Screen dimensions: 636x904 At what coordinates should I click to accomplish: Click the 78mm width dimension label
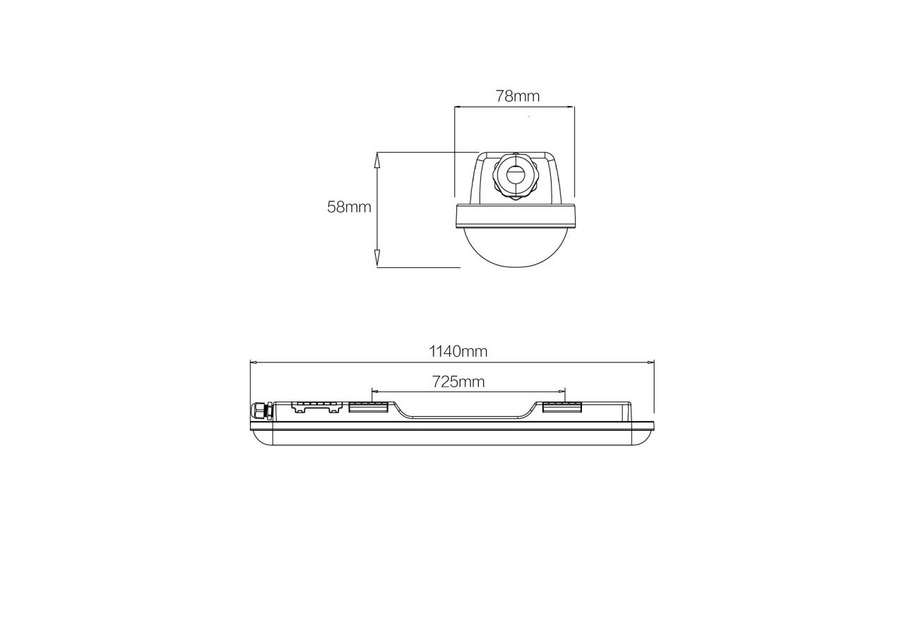coord(517,96)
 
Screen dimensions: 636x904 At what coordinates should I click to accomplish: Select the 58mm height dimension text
coord(349,207)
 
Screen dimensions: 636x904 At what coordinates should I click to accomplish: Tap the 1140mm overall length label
coord(458,351)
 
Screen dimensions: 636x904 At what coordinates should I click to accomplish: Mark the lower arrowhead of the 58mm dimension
coord(377,259)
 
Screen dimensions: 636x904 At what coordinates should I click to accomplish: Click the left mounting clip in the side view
coord(368,406)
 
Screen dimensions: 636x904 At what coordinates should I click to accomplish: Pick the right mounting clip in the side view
coord(561,406)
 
